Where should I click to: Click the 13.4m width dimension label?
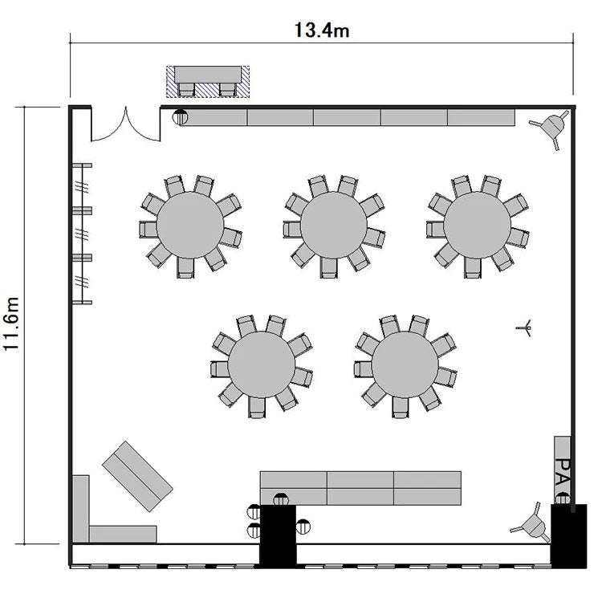click(322, 30)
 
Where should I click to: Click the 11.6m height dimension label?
click(11, 323)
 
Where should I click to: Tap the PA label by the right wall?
click(563, 472)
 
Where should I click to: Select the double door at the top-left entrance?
click(125, 127)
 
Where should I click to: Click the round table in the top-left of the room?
click(190, 225)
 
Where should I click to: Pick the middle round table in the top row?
click(334, 226)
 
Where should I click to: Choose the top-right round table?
click(478, 225)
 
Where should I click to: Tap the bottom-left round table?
click(262, 364)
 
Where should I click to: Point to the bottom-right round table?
click(405, 364)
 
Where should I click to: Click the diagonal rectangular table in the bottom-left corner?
click(137, 476)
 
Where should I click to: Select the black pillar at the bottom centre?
click(278, 535)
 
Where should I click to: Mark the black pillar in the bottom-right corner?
click(568, 536)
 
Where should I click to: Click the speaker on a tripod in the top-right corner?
click(551, 127)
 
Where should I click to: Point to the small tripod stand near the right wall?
click(525, 327)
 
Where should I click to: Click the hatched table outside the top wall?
click(208, 82)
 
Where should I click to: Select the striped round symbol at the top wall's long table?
click(180, 117)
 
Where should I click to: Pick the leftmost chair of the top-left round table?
click(148, 230)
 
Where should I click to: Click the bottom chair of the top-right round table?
click(472, 267)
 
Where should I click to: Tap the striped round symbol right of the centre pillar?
click(303, 527)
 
